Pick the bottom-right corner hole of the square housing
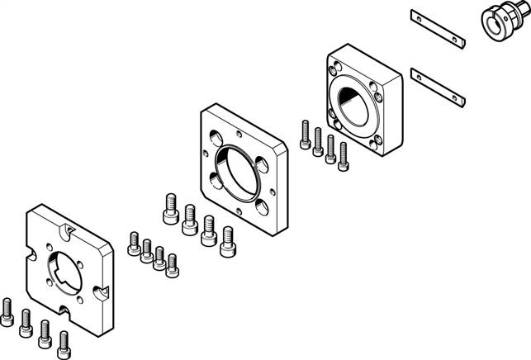(x=379, y=144)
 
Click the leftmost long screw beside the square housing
(x=306, y=136)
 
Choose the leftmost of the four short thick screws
(x=172, y=209)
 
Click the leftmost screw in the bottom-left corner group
(x=7, y=310)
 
